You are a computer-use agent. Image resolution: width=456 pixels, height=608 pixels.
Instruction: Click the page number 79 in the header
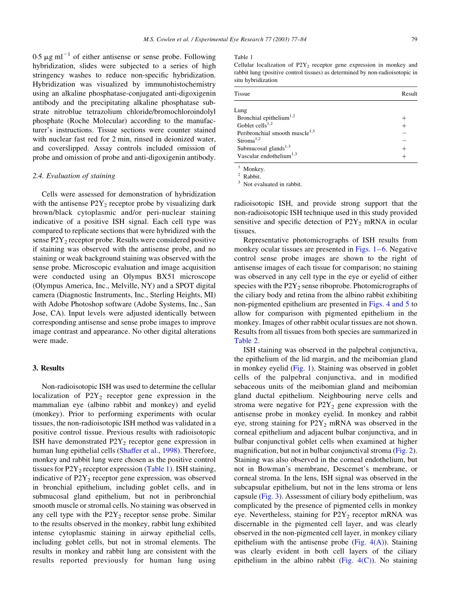(414, 40)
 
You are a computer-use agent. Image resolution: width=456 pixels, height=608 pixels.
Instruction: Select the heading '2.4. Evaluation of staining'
(73, 176)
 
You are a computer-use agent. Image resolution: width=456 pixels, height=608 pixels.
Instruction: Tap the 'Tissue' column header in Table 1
(242, 94)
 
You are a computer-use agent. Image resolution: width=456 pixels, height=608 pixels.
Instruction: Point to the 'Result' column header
(409, 94)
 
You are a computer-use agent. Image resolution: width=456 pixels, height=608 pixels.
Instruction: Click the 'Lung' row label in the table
(240, 110)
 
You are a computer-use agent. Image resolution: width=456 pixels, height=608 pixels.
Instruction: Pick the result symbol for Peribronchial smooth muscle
(404, 133)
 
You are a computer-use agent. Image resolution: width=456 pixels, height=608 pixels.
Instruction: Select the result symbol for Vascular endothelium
(404, 156)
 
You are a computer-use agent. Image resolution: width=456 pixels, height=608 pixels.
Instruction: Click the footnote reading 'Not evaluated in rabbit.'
(272, 184)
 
